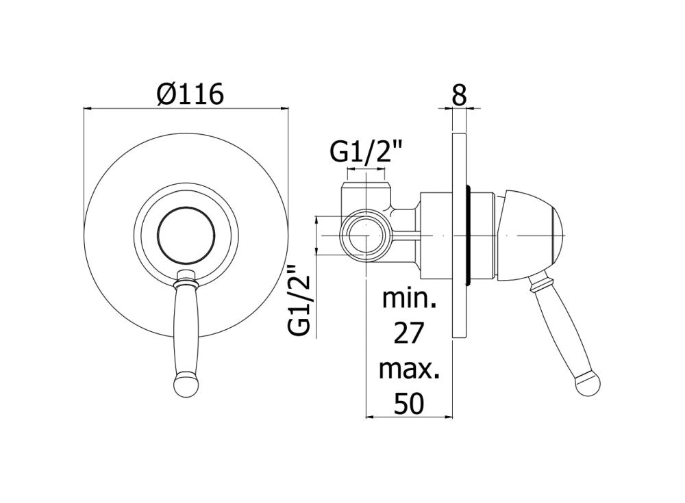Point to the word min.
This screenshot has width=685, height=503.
click(409, 299)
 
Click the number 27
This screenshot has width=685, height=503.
click(409, 334)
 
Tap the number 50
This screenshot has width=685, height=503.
click(409, 404)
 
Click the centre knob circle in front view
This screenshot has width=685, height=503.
click(184, 233)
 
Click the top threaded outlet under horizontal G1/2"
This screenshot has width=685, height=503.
click(369, 189)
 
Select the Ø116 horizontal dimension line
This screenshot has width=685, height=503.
click(184, 107)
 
